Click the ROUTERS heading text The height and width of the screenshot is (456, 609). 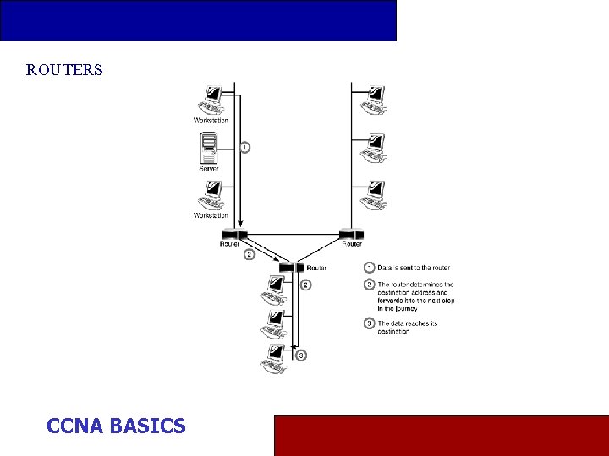(64, 70)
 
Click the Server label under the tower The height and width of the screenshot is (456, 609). (209, 169)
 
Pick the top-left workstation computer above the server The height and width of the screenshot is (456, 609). (210, 99)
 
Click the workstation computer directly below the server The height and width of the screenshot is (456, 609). (210, 196)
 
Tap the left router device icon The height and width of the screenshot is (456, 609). (231, 234)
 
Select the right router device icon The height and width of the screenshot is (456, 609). (351, 234)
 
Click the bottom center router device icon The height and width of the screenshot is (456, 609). (290, 268)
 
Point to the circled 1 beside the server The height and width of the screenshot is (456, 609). (244, 148)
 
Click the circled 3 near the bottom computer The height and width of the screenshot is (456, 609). (301, 356)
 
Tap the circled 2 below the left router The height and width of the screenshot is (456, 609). (249, 254)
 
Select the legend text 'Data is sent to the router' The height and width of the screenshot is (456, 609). (414, 268)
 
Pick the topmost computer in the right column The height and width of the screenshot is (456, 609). (373, 100)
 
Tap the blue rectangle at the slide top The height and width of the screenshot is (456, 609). (198, 20)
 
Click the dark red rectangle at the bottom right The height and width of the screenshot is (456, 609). (441, 436)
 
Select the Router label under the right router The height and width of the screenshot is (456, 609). (352, 244)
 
